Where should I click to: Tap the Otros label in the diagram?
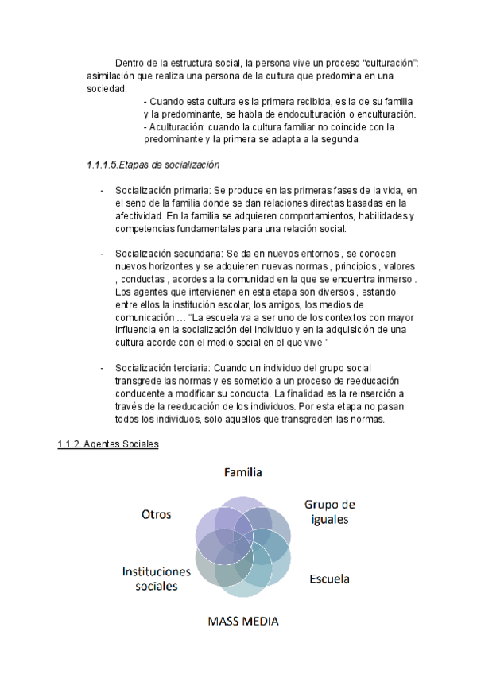[157, 514]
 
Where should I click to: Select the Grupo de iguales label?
[329, 512]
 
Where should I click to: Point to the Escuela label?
[329, 579]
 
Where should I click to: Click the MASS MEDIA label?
[243, 620]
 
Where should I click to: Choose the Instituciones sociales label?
[157, 579]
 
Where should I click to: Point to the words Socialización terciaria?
[162, 369]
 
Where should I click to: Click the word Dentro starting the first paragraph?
[131, 63]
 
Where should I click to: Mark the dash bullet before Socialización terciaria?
[103, 369]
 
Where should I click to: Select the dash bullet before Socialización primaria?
[103, 191]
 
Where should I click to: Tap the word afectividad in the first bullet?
[139, 216]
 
